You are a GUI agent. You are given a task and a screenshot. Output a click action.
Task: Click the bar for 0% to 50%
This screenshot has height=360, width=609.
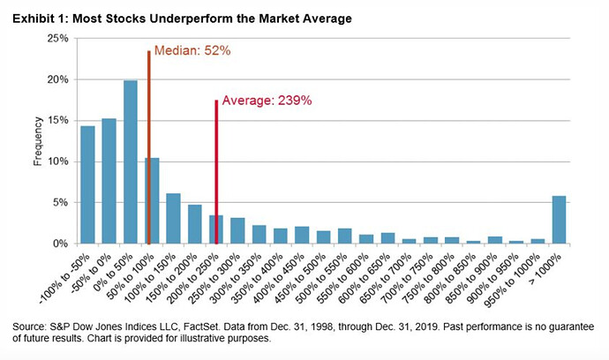click(x=131, y=162)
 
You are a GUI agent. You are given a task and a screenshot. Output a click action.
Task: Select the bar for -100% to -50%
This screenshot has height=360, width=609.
click(x=87, y=185)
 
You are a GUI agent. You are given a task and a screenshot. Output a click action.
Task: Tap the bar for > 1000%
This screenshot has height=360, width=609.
click(x=559, y=220)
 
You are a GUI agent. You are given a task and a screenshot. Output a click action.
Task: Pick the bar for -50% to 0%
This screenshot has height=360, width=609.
click(x=109, y=181)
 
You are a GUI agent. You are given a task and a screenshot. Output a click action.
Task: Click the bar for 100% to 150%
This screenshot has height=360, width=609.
click(x=173, y=219)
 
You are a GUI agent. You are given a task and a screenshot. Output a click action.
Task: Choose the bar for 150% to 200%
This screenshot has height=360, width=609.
click(x=195, y=224)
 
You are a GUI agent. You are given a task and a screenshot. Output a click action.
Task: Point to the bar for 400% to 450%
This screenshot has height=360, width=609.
click(x=302, y=236)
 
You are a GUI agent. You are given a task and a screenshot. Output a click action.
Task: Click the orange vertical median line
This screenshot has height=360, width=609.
click(x=149, y=147)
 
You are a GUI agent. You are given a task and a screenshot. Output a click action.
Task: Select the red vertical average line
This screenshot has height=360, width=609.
click(x=216, y=172)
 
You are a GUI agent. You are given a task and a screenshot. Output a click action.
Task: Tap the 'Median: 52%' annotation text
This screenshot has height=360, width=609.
click(x=192, y=50)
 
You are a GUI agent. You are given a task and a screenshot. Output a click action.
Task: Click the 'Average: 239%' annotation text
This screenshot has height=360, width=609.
click(x=267, y=101)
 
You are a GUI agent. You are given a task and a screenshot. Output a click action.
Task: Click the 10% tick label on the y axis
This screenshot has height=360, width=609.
click(x=58, y=161)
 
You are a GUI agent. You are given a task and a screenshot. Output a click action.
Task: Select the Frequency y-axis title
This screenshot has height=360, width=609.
click(x=38, y=141)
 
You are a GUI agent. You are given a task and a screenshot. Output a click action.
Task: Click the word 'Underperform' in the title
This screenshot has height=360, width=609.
click(x=192, y=19)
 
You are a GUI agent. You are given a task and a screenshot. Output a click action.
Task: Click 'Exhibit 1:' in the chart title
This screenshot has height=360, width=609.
click(x=41, y=19)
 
